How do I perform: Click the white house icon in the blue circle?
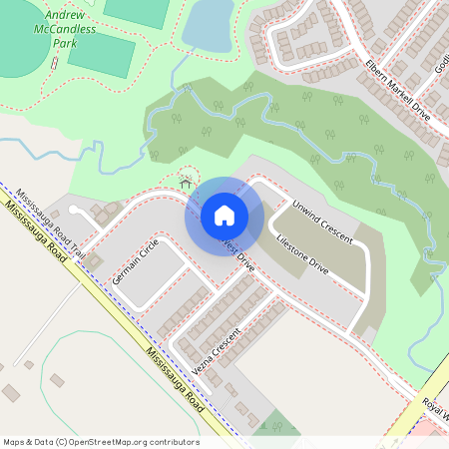(x=224, y=216)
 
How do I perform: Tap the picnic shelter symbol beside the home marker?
(x=186, y=183)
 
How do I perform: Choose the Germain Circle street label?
(x=136, y=261)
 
